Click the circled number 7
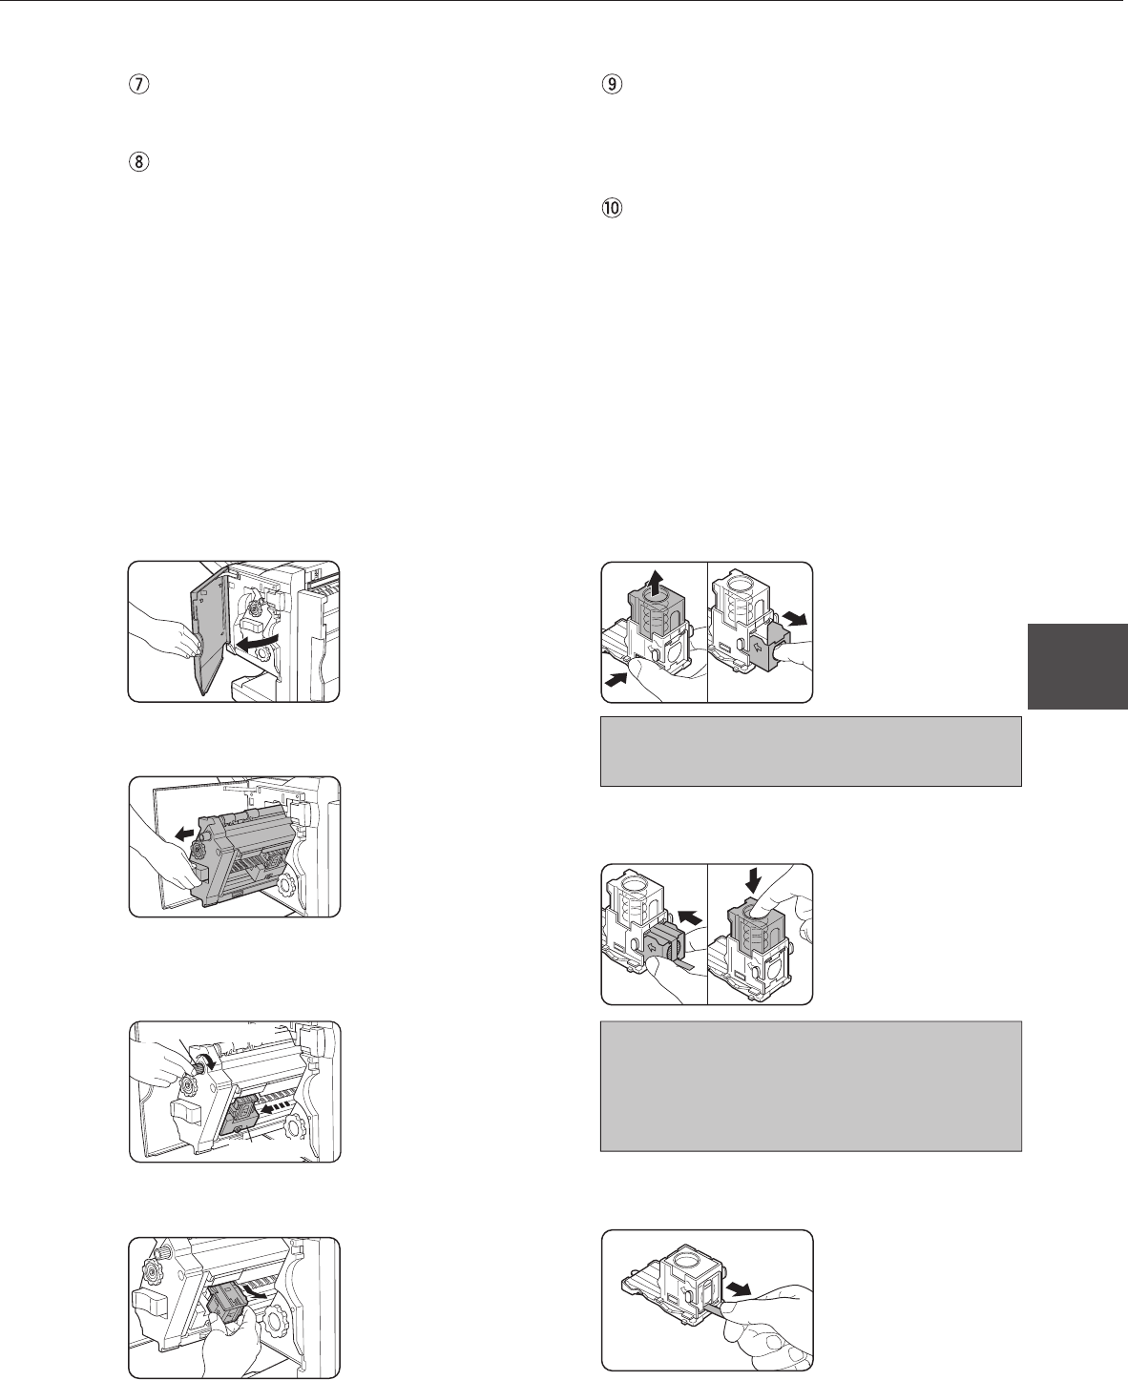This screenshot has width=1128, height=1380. [138, 85]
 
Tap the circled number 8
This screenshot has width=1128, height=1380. [138, 161]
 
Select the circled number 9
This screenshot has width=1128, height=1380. [612, 85]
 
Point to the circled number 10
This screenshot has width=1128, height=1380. [612, 208]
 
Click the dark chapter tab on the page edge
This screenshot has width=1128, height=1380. [1077, 666]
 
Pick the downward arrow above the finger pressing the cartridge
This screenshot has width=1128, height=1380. [753, 881]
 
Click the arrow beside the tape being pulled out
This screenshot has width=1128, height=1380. [740, 1287]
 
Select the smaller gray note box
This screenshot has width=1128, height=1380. [810, 752]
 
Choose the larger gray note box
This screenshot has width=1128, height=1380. [810, 1087]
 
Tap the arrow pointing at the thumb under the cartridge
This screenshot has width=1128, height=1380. [616, 681]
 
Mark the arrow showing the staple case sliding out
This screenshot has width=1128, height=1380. [796, 619]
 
